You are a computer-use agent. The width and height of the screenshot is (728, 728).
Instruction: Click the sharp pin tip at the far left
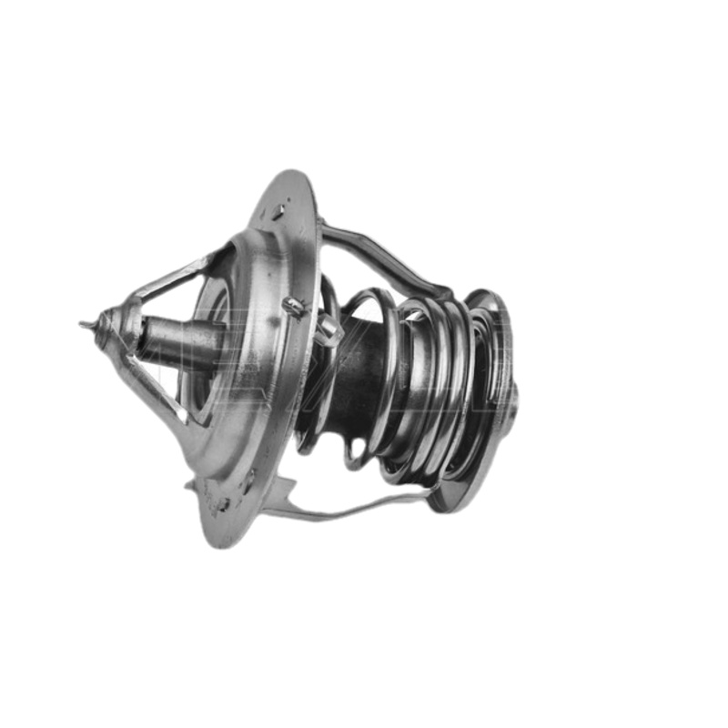[x=85, y=324]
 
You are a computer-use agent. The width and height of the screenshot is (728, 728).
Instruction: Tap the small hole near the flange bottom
[x=224, y=503]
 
